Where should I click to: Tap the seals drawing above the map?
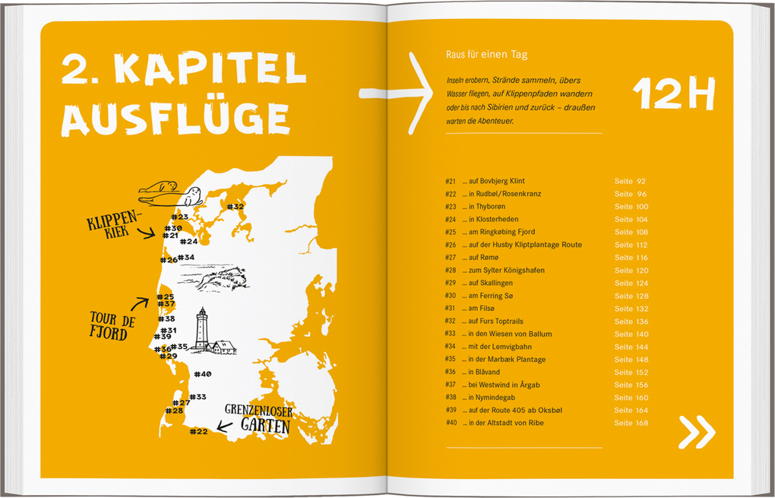[169, 194]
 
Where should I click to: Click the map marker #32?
[235, 206]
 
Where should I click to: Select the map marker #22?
[198, 432]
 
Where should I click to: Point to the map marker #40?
[202, 374]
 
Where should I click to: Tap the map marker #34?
[185, 258]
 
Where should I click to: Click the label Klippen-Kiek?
[113, 224]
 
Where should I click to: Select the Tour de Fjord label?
[112, 325]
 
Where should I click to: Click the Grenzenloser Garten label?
[258, 417]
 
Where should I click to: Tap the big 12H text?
[674, 95]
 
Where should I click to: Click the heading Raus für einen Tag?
[487, 55]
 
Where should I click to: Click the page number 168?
[641, 423]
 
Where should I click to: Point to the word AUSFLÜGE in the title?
[176, 118]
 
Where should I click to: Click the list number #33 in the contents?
[451, 334]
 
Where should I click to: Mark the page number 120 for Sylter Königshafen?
[641, 271]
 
